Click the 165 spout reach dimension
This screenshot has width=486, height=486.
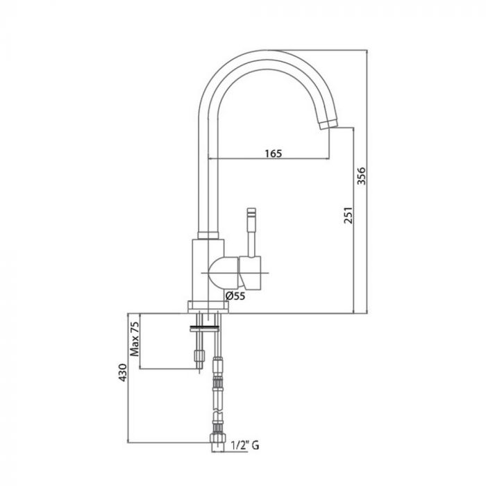pyautogui.click(x=273, y=153)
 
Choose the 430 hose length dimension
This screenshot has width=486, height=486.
pyautogui.click(x=122, y=376)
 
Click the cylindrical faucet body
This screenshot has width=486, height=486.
pyautogui.click(x=206, y=267)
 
